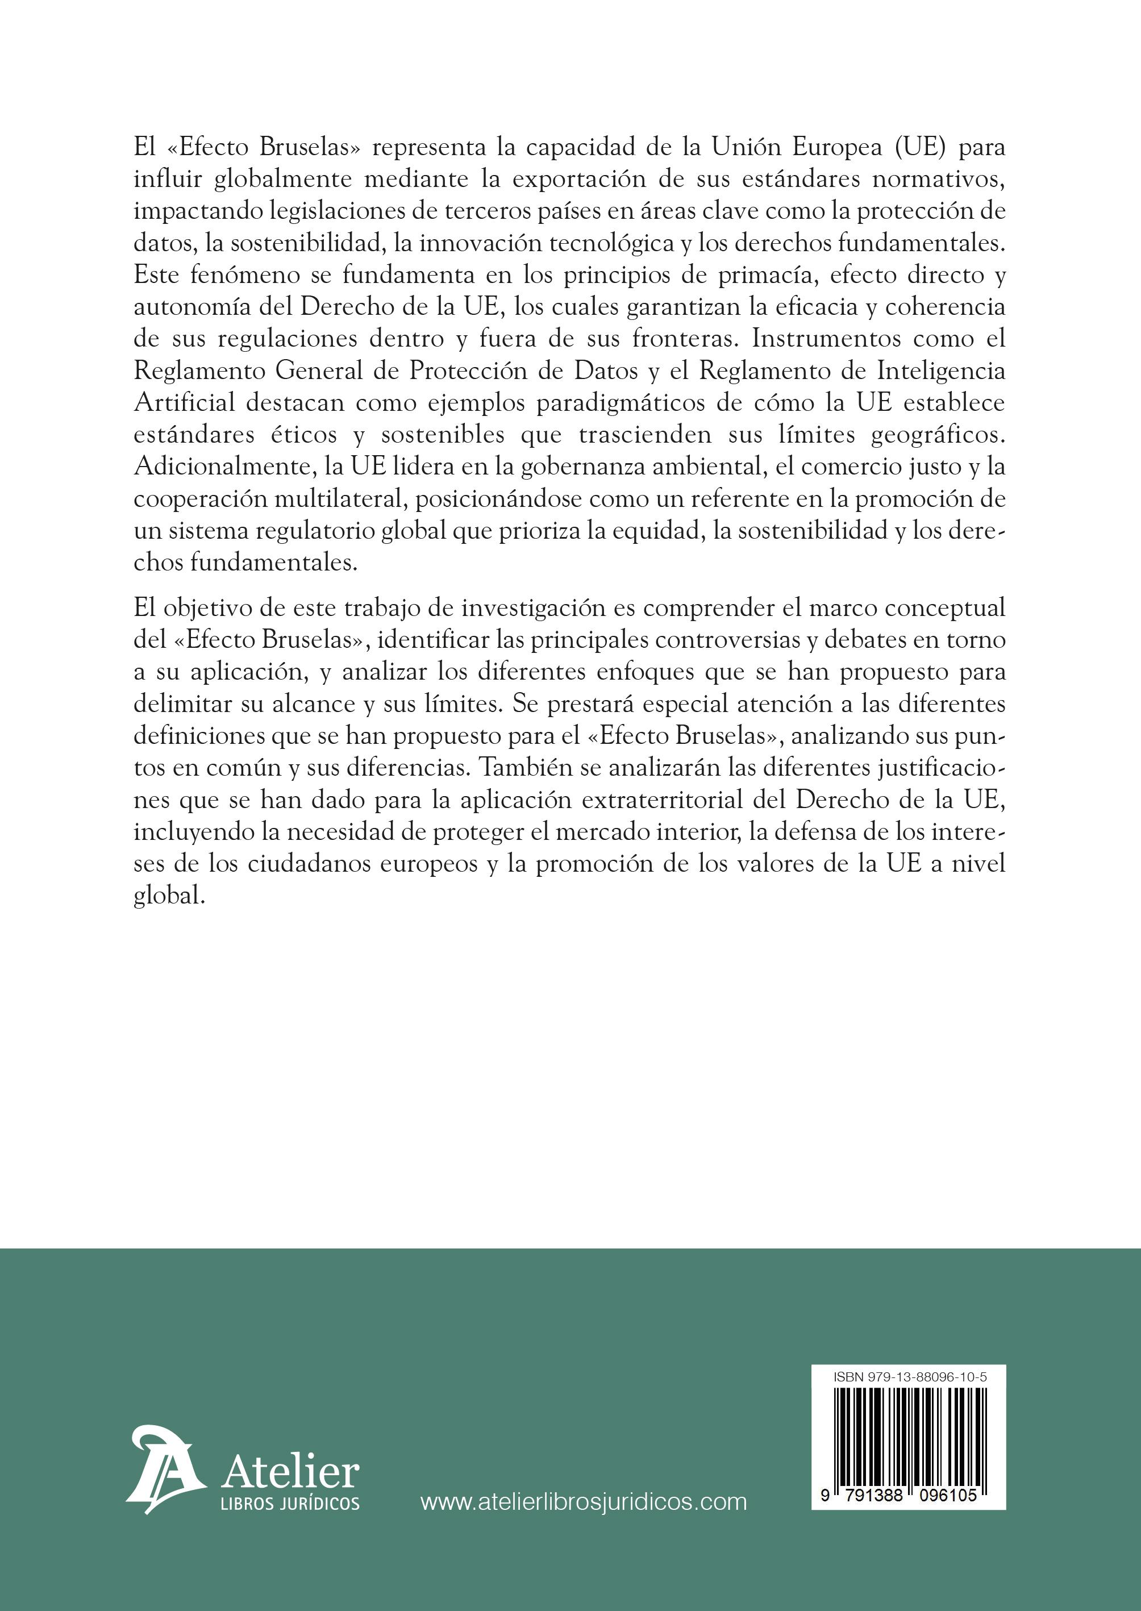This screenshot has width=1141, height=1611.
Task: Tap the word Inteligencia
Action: (934, 371)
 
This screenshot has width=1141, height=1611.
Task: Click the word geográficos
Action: (938, 435)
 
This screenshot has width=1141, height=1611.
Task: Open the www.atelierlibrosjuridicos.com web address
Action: (583, 1502)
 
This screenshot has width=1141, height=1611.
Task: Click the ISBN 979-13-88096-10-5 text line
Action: (910, 1376)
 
